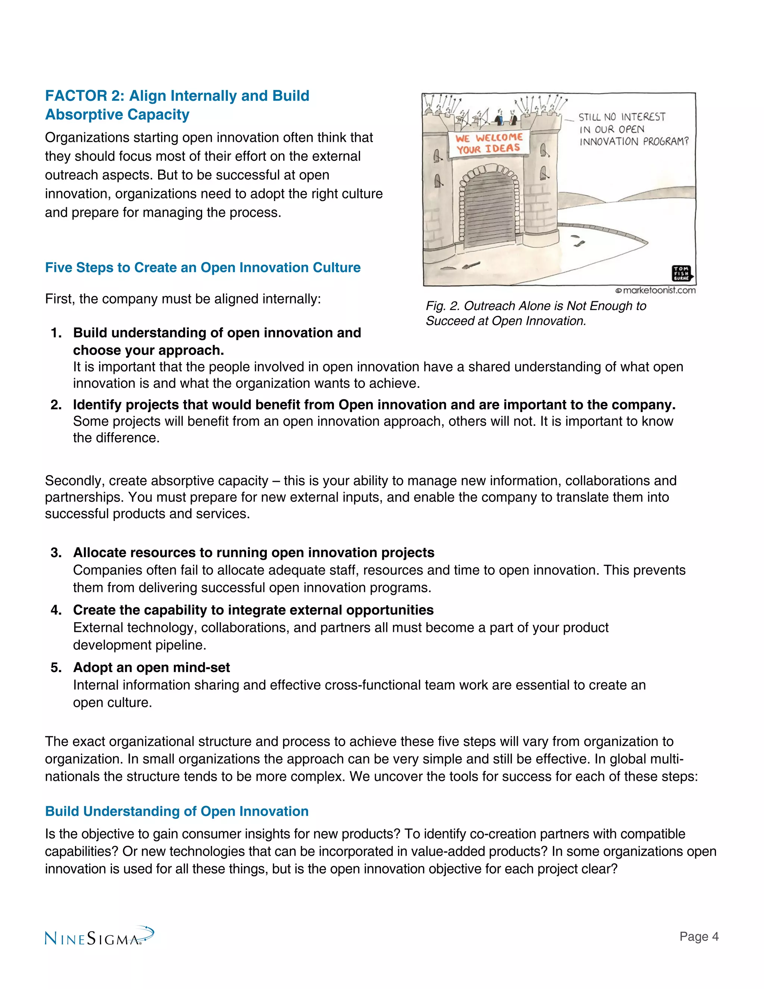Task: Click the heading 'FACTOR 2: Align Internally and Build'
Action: [177, 96]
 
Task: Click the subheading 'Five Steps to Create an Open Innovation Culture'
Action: [203, 268]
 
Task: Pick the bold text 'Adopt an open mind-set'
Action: [151, 668]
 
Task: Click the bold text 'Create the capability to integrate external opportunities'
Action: [253, 610]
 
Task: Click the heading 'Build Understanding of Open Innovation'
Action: [176, 811]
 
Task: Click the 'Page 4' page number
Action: [698, 936]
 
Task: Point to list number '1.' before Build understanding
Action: [56, 333]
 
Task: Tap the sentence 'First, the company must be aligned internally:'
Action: [183, 299]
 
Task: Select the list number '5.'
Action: [56, 668]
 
